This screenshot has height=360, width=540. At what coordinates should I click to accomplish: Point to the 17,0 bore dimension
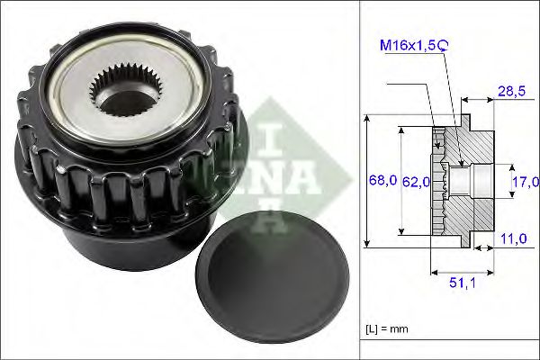click(521, 180)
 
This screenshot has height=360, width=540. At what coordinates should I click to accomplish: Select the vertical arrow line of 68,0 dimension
click(368, 180)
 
